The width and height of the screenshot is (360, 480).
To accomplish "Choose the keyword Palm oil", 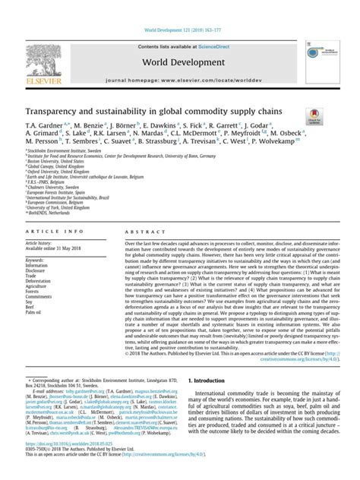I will [36, 290].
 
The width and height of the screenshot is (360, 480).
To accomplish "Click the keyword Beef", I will [32, 285].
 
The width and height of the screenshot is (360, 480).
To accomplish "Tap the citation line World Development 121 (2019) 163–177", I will [179, 11].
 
